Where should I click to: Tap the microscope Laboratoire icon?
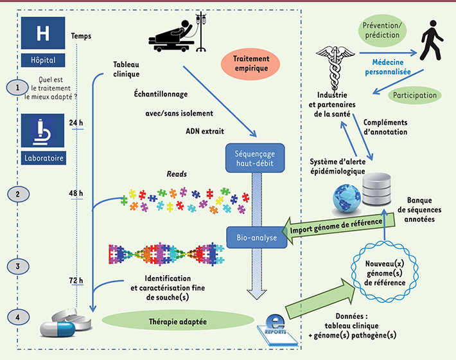point(42,139)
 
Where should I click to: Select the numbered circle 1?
point(17,88)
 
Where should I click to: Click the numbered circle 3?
point(17,265)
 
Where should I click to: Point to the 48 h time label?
point(77,192)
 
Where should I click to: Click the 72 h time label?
point(77,281)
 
